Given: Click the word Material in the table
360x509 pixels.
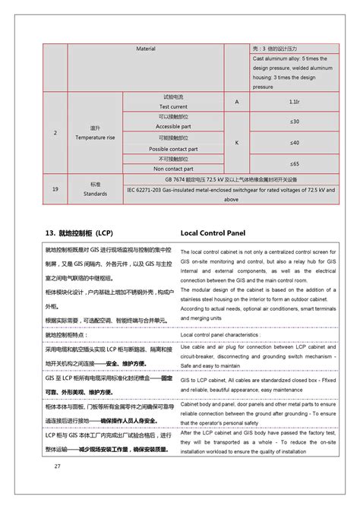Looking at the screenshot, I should click(146, 49).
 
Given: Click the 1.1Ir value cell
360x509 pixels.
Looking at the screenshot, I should click(294, 102).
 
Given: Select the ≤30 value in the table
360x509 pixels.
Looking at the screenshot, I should click(294, 122).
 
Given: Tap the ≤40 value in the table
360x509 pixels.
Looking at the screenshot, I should click(294, 143).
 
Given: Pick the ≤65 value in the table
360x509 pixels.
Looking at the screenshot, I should click(294, 163).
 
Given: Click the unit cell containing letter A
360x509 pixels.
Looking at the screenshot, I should click(237, 102).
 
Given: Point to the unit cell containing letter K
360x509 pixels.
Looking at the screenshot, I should click(237, 143).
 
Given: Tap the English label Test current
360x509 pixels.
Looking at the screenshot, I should click(173, 107).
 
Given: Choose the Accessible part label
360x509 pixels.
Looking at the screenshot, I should click(174, 127).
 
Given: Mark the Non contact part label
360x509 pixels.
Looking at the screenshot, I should click(174, 169).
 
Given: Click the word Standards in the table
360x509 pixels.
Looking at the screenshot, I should click(95, 194).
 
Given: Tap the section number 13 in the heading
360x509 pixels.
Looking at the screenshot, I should click(49, 232).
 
